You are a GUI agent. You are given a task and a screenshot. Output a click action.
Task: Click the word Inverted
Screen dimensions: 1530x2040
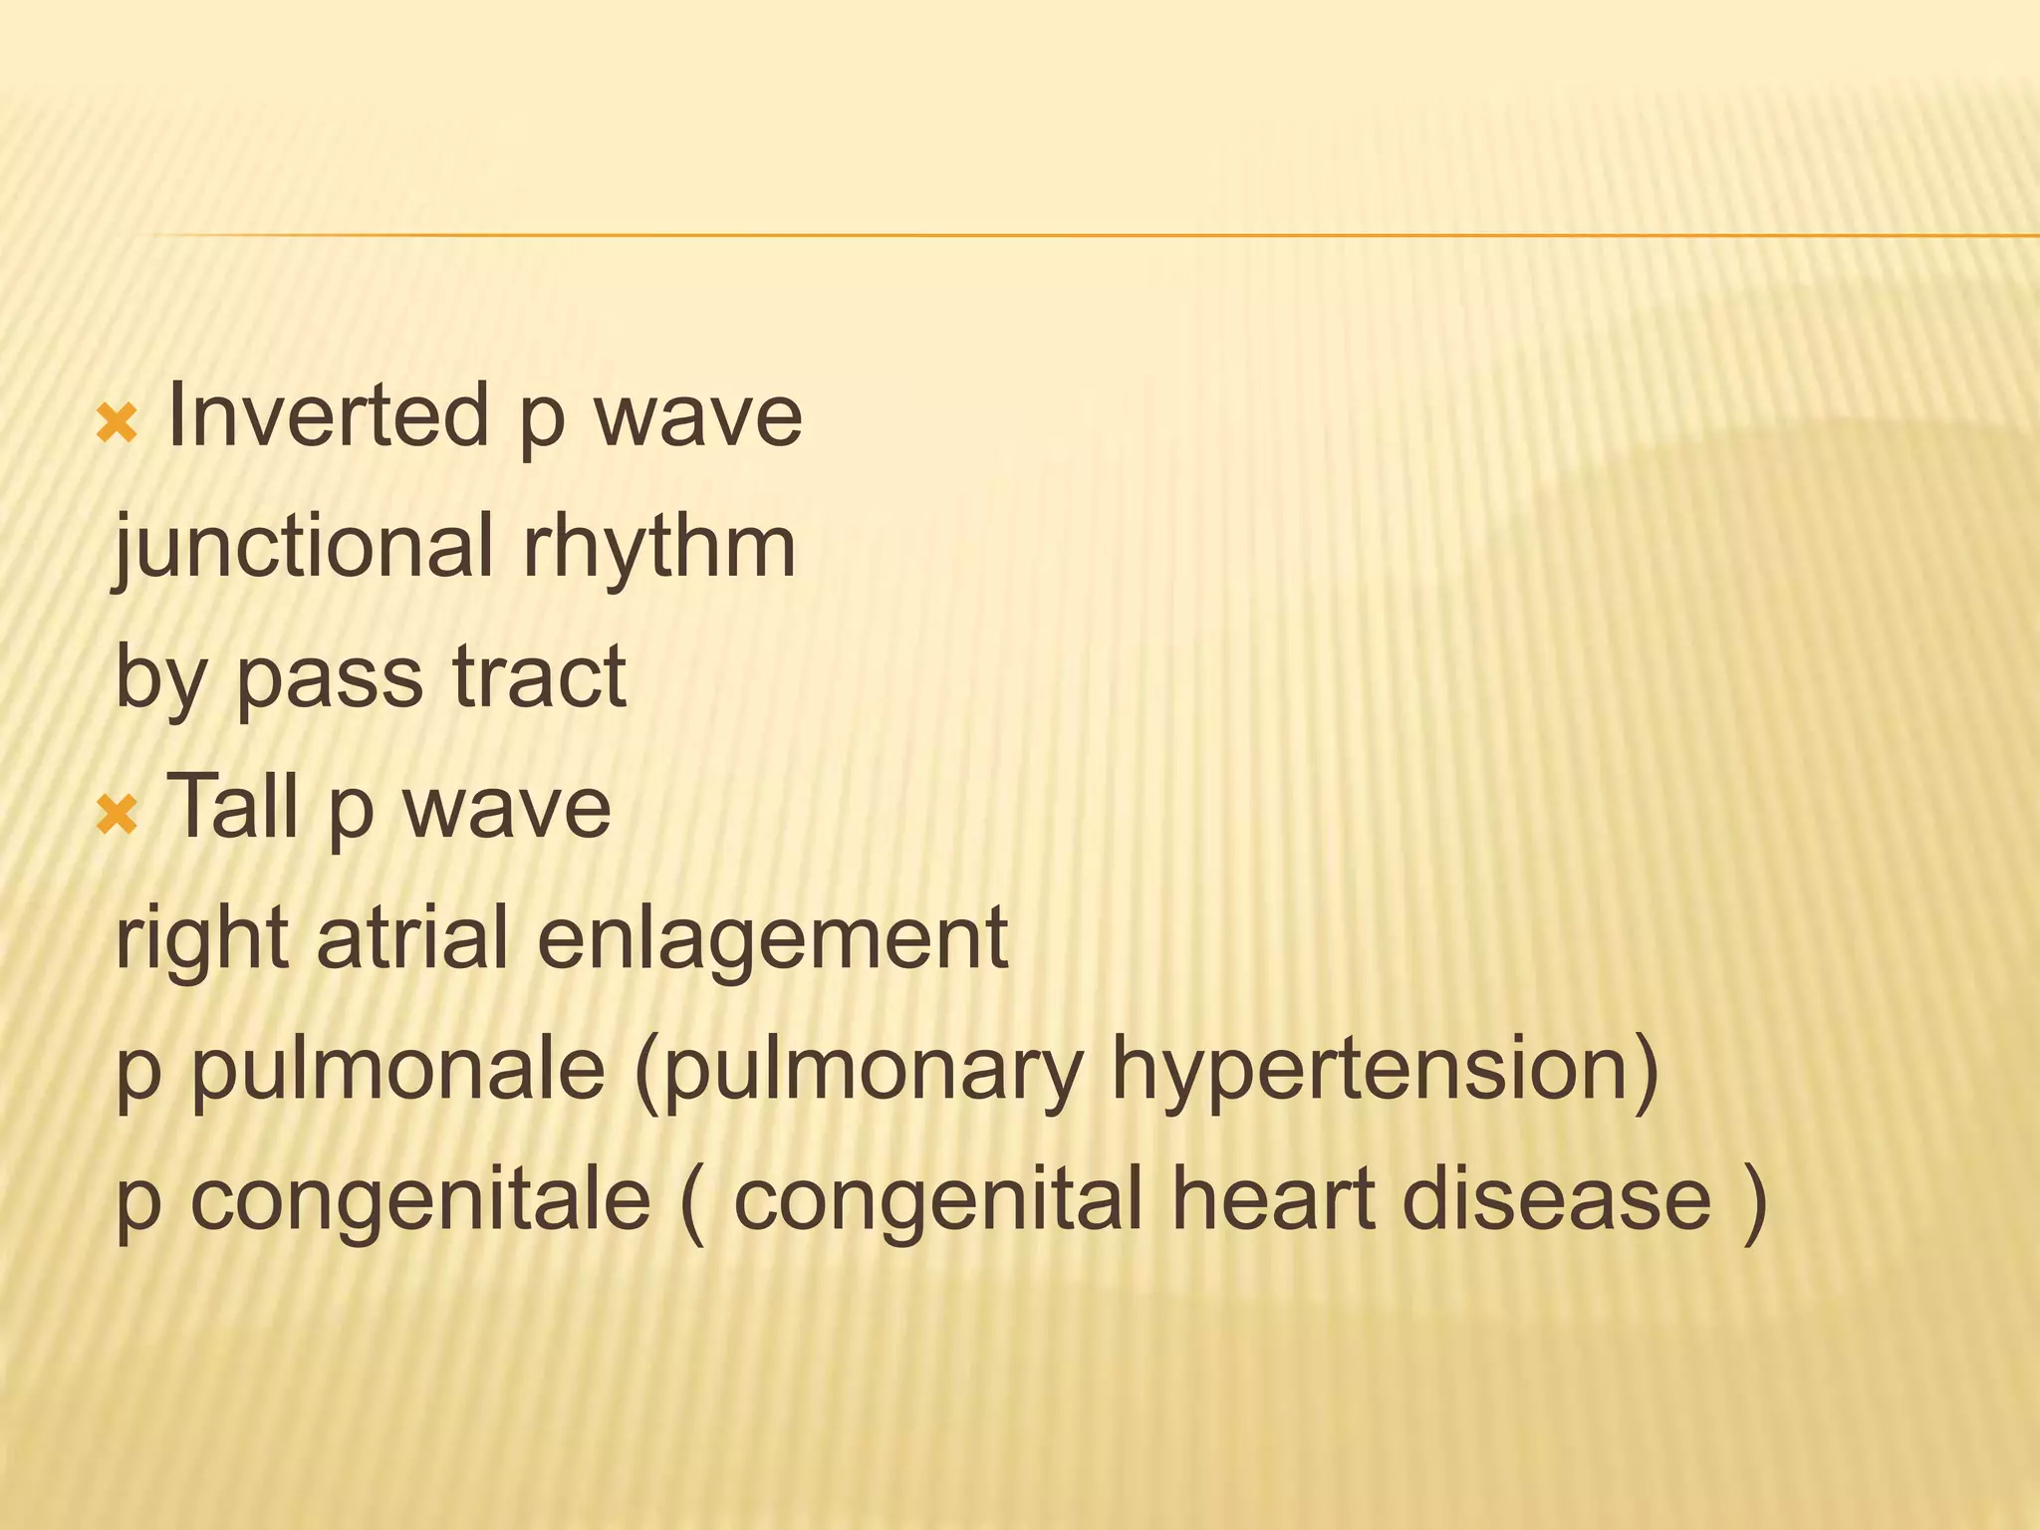[x=328, y=416]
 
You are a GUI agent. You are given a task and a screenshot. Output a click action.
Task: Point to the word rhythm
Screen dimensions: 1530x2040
[x=658, y=548]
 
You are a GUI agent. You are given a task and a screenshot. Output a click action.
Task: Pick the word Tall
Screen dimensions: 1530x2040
[x=235, y=807]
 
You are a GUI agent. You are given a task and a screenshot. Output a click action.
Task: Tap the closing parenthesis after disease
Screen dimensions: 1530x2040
[x=1754, y=1200]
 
